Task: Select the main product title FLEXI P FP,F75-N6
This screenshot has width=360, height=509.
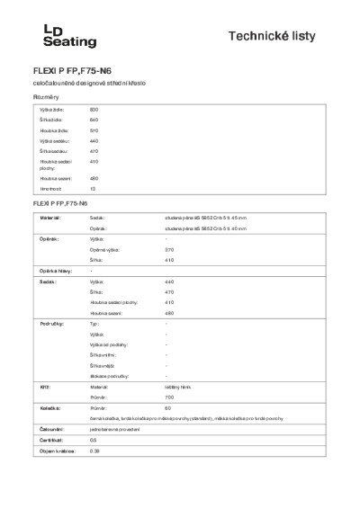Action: coord(79,69)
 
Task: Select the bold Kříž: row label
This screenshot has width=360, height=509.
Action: coord(44,385)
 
